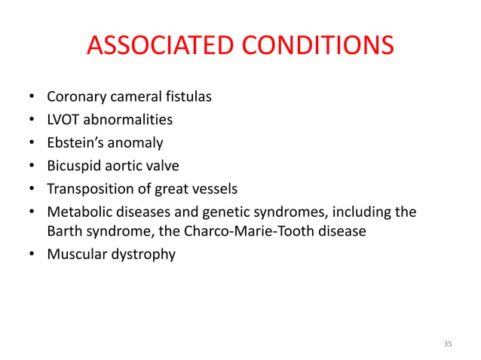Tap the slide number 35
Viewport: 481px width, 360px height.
(448, 344)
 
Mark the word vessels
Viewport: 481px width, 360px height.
(214, 188)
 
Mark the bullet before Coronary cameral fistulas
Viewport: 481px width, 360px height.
(31, 98)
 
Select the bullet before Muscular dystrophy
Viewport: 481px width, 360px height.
(31, 255)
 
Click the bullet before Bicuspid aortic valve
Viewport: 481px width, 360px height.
(31, 166)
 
